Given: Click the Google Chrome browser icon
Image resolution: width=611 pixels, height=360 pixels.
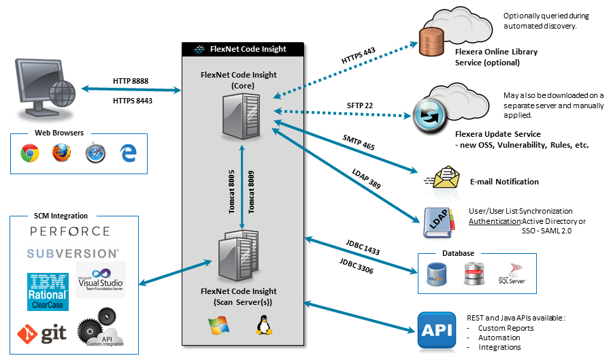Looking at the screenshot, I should pyautogui.click(x=29, y=154).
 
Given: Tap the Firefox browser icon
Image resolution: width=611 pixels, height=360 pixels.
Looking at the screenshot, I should pyautogui.click(x=62, y=154).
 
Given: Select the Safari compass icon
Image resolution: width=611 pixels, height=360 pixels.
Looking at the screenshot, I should pyautogui.click(x=95, y=154).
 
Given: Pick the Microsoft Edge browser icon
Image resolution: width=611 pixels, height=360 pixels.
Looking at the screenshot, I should pyautogui.click(x=128, y=153).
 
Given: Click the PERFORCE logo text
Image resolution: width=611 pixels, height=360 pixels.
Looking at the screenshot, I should pyautogui.click(x=70, y=232).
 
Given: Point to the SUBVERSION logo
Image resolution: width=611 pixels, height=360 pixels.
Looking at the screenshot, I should pyautogui.click(x=73, y=253).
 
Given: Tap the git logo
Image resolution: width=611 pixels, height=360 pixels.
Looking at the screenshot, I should pyautogui.click(x=42, y=333).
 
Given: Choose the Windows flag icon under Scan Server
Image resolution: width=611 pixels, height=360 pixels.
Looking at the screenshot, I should pyautogui.click(x=219, y=326).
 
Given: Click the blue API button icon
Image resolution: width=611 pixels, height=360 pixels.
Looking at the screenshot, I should pyautogui.click(x=436, y=331).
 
